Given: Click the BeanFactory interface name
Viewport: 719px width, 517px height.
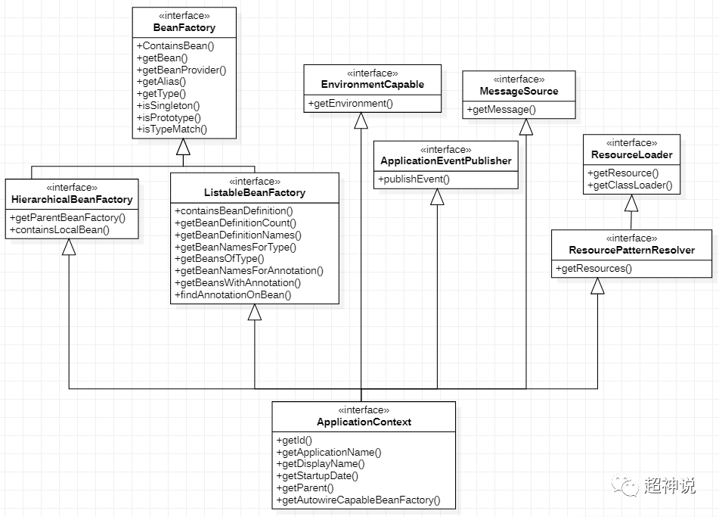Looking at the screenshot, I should coord(184,27).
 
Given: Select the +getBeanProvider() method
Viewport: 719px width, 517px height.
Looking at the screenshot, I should coord(181,70).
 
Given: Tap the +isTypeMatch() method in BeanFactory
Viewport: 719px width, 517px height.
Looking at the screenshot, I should coord(172,129).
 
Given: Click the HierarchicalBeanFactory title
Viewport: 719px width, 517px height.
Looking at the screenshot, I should coord(72,199).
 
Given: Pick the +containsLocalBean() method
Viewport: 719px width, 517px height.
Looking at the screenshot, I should coord(60,229).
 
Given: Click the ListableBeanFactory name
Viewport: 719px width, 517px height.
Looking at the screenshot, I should coord(255,193).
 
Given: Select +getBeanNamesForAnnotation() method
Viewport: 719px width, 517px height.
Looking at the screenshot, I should coord(249,270).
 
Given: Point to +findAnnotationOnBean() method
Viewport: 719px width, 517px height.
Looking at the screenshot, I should coord(233,294).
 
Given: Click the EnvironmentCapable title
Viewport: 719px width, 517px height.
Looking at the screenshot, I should coord(372,85).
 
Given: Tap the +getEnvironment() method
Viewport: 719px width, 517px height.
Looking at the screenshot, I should coord(351,103).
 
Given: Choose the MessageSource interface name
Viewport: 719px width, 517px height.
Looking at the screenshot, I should coord(519,91).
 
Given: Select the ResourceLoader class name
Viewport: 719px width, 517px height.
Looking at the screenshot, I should coord(631,154).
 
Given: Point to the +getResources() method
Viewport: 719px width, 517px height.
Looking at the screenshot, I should coord(594,268).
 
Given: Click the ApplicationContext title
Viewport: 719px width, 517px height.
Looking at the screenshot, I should coord(364,422).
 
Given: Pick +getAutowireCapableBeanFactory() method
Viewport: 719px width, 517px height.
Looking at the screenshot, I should coord(358,500).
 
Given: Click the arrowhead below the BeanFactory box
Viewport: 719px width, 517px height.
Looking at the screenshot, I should coord(184,147).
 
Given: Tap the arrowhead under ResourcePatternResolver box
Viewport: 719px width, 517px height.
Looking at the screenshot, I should coord(597,286).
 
